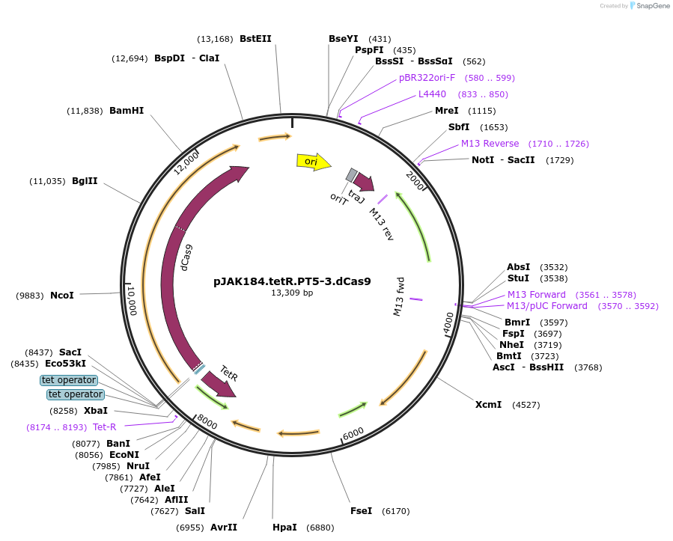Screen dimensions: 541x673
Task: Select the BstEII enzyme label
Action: (255, 39)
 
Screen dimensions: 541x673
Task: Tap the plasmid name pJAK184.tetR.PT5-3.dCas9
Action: (291, 282)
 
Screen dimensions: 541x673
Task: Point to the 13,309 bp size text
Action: (291, 293)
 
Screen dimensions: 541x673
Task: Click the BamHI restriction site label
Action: (127, 111)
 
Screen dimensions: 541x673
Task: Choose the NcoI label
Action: (62, 296)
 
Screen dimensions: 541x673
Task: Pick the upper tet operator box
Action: (69, 380)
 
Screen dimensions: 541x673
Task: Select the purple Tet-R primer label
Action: (104, 427)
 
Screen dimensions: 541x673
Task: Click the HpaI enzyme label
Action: (284, 528)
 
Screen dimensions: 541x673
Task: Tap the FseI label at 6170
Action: (360, 511)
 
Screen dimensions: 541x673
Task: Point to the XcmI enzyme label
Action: (488, 405)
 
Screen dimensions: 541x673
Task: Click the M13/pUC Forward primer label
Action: (547, 306)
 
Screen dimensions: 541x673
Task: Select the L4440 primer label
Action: (432, 94)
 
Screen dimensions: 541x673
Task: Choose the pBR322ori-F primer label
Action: (427, 78)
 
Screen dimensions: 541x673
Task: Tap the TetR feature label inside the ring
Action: (229, 373)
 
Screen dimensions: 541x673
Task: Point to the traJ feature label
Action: (357, 196)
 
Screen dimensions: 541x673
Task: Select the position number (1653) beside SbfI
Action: (493, 127)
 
